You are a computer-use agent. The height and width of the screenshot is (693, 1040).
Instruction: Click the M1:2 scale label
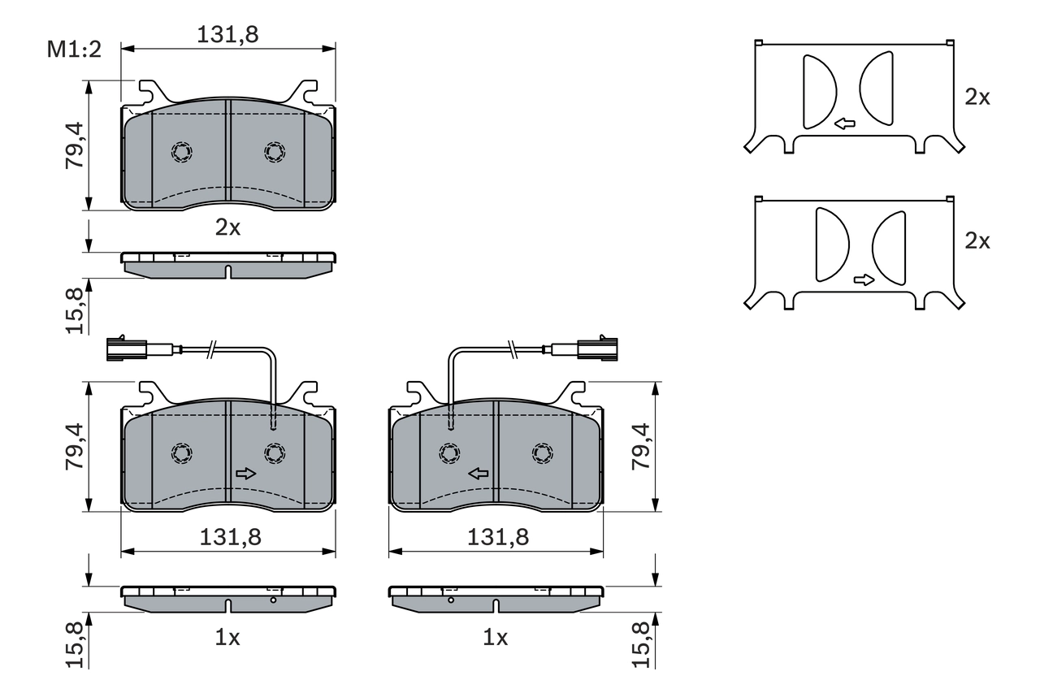(x=73, y=50)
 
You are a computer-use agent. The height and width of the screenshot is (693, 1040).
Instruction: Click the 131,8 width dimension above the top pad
(x=228, y=34)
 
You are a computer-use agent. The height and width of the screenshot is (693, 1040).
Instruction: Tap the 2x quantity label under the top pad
(x=227, y=228)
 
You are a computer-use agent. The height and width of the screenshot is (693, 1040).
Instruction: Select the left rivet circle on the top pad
(x=182, y=151)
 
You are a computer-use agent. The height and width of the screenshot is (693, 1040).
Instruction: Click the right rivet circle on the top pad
(x=275, y=151)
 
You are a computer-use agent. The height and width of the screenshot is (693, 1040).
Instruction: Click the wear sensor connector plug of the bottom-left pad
(x=125, y=350)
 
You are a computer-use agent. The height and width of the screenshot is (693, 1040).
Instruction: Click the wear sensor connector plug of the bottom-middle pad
(x=597, y=350)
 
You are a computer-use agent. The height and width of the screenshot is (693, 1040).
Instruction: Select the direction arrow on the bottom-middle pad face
(x=479, y=474)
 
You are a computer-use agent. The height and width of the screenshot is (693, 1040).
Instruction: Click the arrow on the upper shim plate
(x=845, y=124)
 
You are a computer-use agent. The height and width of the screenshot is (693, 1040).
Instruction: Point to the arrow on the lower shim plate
(x=864, y=280)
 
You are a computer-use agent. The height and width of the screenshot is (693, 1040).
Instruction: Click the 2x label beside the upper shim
(x=977, y=97)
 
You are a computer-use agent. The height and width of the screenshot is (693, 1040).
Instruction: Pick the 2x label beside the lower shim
(x=977, y=241)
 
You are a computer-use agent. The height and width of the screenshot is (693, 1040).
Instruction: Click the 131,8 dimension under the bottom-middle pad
(x=497, y=536)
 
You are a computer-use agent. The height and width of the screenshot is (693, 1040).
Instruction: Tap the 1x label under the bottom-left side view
(x=227, y=639)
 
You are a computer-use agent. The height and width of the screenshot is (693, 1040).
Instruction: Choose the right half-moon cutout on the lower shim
(x=890, y=248)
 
